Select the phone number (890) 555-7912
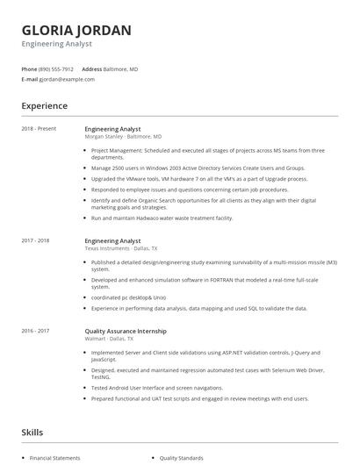[56, 68]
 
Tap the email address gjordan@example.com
[67, 79]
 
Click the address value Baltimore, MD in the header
[122, 68]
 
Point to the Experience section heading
[44, 106]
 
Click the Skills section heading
[32, 433]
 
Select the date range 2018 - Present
[39, 129]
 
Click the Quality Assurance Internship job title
[126, 331]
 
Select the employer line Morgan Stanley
[104, 137]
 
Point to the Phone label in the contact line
[29, 68]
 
